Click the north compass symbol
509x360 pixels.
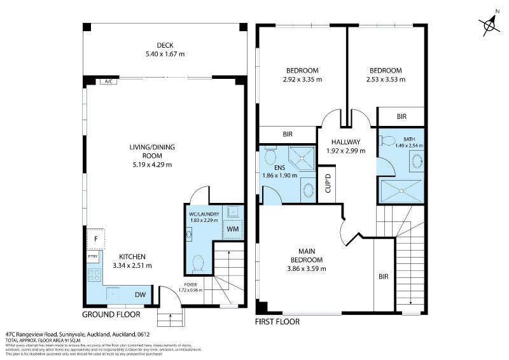coord(489,24)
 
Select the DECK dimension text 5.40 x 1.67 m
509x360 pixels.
coord(165,55)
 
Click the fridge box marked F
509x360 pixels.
coord(95,239)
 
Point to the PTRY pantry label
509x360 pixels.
coord(92,256)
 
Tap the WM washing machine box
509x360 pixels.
coord(233,228)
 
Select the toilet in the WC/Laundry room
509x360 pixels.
coord(199,262)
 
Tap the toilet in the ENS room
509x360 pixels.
coord(270,156)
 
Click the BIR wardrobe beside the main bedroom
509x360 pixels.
coord(383,276)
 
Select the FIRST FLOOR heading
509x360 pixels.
coord(277,322)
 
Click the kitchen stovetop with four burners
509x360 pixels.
coord(95,275)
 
